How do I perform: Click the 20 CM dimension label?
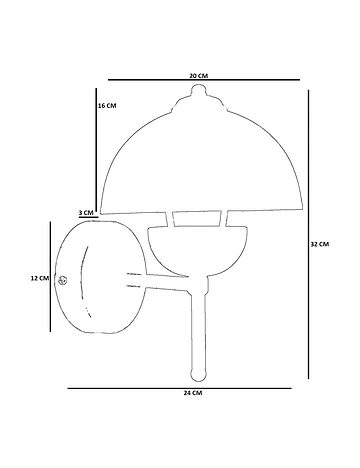pos(199,75)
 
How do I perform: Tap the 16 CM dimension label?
pos(107,106)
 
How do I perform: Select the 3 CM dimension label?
pos(86,212)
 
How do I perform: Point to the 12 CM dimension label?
pos(40,278)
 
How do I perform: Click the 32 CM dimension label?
pos(320,244)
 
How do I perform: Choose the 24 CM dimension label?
pos(193,393)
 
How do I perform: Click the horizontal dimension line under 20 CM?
pos(204,80)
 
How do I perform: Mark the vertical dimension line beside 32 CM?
pos(309,234)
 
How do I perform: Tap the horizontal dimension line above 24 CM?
pos(180,388)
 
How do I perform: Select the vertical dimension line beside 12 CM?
pos(50,277)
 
